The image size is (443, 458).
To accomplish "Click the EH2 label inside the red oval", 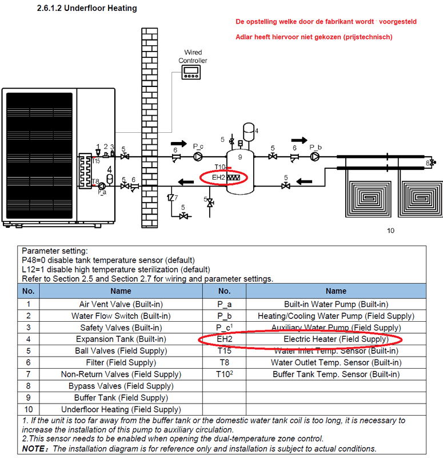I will coord(218,177).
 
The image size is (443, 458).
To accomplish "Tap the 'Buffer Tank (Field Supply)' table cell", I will coord(114,398).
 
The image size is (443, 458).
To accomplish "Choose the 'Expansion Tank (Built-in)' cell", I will coord(114,339).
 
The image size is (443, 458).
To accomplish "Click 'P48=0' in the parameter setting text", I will coord(35,260).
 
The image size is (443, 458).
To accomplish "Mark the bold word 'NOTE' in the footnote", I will coord(34,448).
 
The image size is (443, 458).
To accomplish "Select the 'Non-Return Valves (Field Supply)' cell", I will coord(114,374).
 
